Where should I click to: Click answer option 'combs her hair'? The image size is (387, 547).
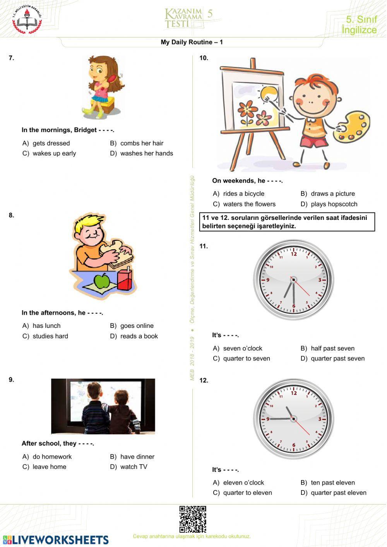coord(142,143)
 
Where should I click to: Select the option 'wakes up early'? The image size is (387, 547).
coord(54,153)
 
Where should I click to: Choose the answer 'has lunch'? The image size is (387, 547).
coord(46,326)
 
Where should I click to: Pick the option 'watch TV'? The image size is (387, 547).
coord(134,467)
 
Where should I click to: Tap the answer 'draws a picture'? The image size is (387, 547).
coord(332,194)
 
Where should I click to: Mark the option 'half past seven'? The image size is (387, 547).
coord(332,348)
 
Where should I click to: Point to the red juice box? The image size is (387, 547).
coord(125,280)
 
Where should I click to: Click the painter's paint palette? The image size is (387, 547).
coord(352,125)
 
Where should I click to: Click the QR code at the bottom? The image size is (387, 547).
coord(193,519)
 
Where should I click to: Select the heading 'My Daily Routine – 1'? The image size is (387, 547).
coord(192,42)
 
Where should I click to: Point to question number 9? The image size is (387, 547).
coord(12,380)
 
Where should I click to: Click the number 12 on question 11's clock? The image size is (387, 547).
coord(294,254)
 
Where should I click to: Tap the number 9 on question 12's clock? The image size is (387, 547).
coord(268,419)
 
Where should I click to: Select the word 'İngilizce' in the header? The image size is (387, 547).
coord(359,30)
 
